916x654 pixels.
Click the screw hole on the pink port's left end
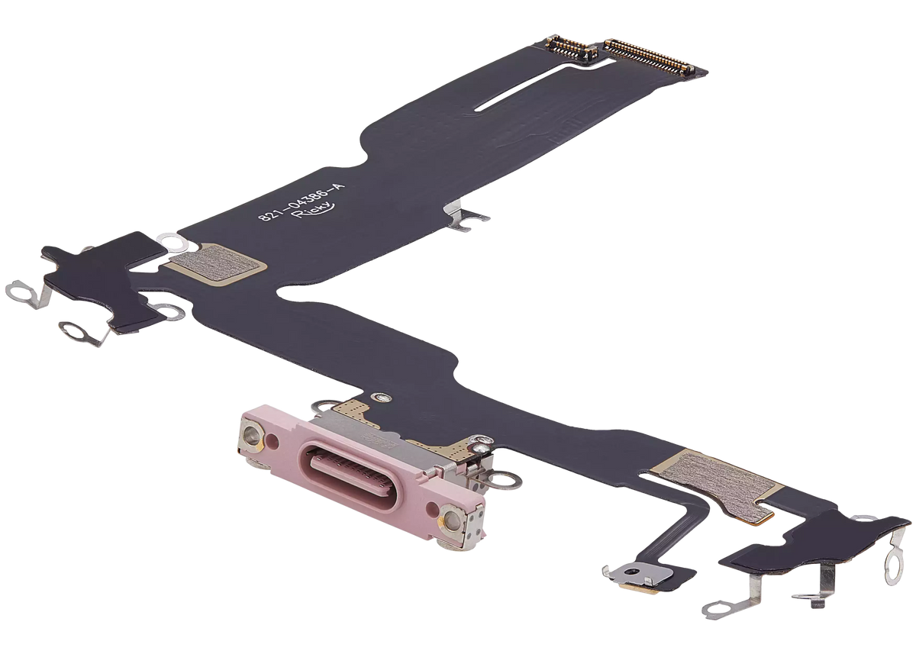tap(250, 437)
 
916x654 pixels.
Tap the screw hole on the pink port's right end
tap(453, 521)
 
